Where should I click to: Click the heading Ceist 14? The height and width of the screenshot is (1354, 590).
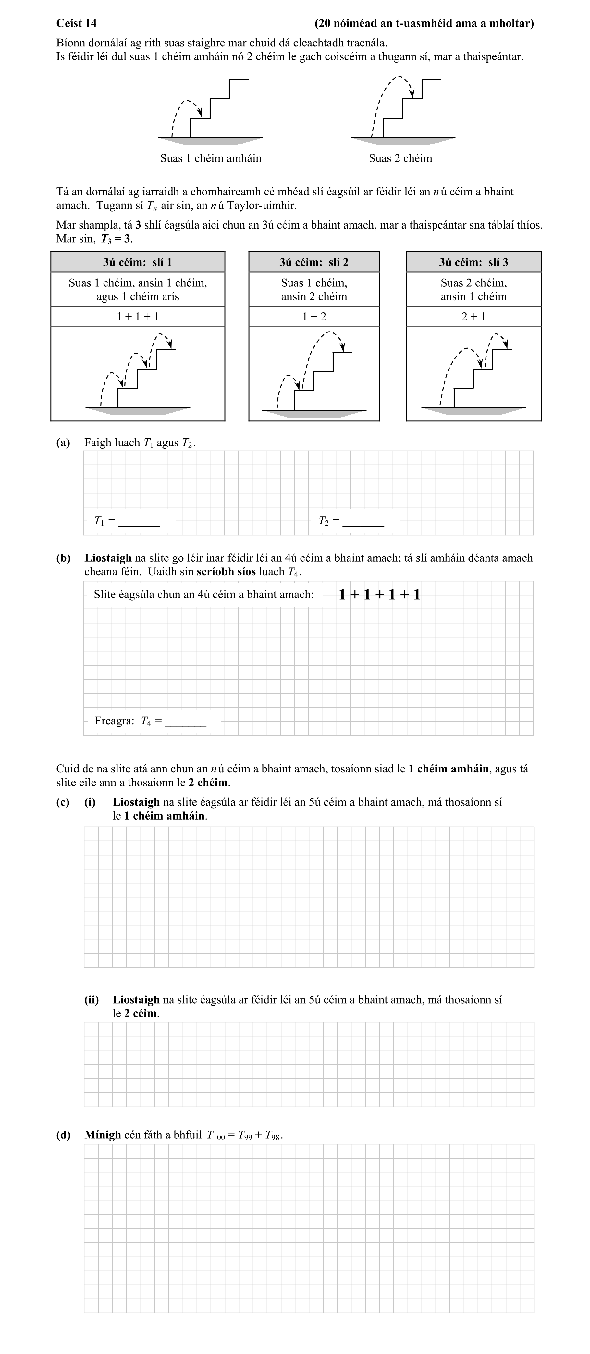click(x=76, y=23)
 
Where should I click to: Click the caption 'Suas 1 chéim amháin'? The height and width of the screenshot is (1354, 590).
click(x=211, y=158)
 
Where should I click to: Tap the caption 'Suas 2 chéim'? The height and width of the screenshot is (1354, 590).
click(x=400, y=158)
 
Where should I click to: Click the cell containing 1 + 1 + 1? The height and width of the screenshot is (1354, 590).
click(x=138, y=317)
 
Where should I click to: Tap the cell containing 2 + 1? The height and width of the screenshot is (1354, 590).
click(x=473, y=317)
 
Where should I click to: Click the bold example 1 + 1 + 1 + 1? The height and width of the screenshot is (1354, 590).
click(x=379, y=595)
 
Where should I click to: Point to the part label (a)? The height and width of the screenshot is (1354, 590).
click(x=63, y=443)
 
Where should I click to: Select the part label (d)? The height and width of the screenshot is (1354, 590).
click(x=63, y=1135)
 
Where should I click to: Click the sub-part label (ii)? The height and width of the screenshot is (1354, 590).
click(x=92, y=1000)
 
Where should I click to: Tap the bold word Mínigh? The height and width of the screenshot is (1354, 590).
click(x=103, y=1135)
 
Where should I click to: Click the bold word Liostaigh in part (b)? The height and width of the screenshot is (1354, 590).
click(x=108, y=558)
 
